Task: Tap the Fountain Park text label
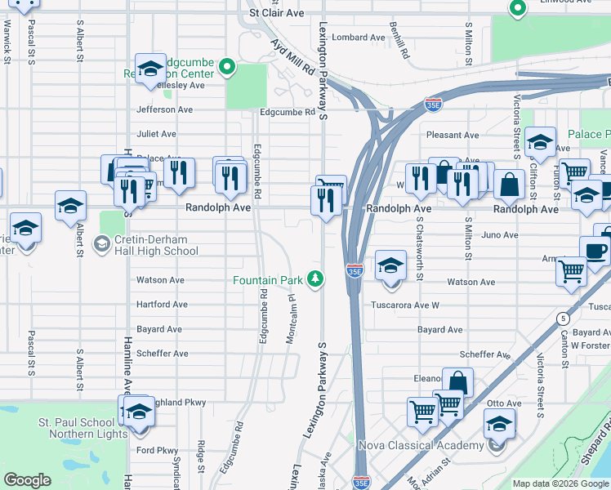click(268, 280)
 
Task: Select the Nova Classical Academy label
click(421, 445)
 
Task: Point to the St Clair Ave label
click(276, 13)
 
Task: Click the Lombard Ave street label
click(358, 38)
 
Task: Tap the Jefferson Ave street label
click(165, 109)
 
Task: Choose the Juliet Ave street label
click(156, 134)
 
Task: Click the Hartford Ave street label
click(162, 305)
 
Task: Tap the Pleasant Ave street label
click(453, 135)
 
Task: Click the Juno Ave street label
click(501, 235)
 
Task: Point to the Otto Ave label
click(503, 403)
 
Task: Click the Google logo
click(28, 479)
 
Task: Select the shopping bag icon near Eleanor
click(457, 381)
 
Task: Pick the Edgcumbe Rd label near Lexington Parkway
click(287, 113)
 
